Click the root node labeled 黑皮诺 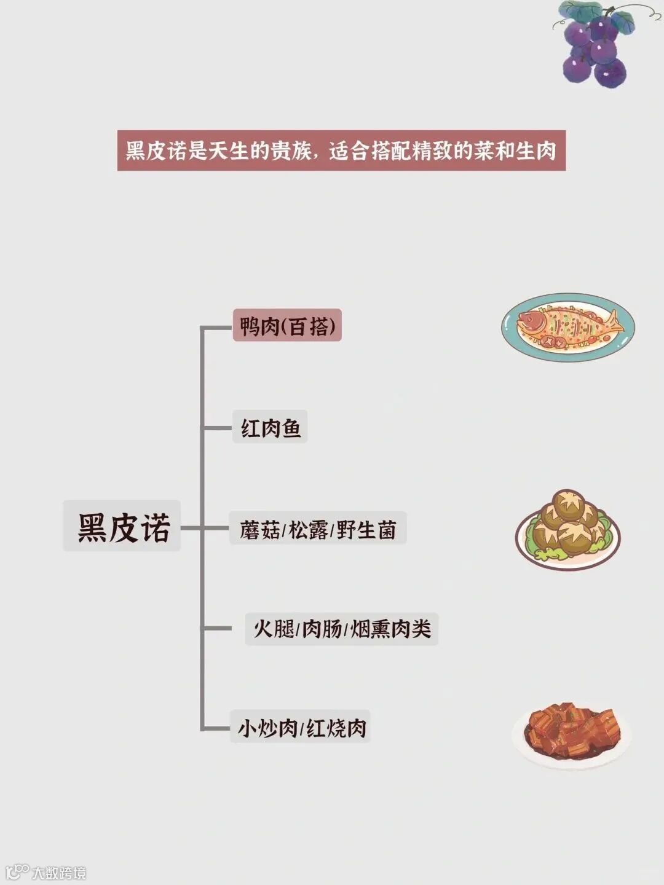coord(122,526)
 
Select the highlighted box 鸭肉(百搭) coord(287,326)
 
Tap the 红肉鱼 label coord(270,427)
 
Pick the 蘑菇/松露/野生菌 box coord(317,529)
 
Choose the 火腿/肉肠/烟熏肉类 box coord(342,629)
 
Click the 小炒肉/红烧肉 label coord(301,728)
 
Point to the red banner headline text coord(341,151)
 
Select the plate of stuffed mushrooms coord(567,529)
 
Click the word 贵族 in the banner coord(291,151)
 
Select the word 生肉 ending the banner coord(536,151)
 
